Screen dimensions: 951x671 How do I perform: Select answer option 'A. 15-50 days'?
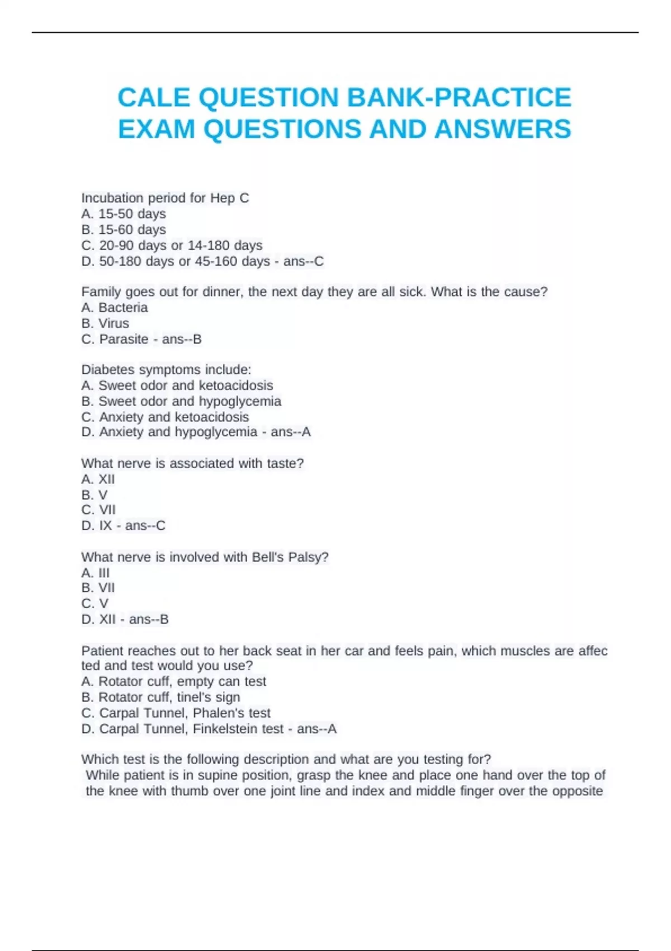point(124,214)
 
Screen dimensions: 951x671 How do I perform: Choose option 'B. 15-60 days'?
point(124,229)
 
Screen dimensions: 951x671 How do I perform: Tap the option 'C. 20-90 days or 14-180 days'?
point(172,245)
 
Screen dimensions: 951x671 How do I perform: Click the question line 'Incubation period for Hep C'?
point(165,198)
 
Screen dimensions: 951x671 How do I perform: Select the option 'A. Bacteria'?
point(115,308)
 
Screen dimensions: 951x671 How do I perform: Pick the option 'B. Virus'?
point(105,323)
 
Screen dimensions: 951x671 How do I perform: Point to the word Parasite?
point(124,339)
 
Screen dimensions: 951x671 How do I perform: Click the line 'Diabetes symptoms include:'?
point(166,370)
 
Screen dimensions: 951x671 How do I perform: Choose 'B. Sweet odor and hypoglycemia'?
point(181,401)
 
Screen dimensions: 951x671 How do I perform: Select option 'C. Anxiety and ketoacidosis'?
point(165,417)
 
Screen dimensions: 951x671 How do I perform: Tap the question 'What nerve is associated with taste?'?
point(192,463)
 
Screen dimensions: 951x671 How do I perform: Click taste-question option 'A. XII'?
point(98,479)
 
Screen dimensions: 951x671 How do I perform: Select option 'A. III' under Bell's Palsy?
point(96,573)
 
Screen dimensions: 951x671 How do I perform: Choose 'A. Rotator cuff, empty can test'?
point(173,681)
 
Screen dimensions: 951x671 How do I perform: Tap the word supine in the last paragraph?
point(216,775)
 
